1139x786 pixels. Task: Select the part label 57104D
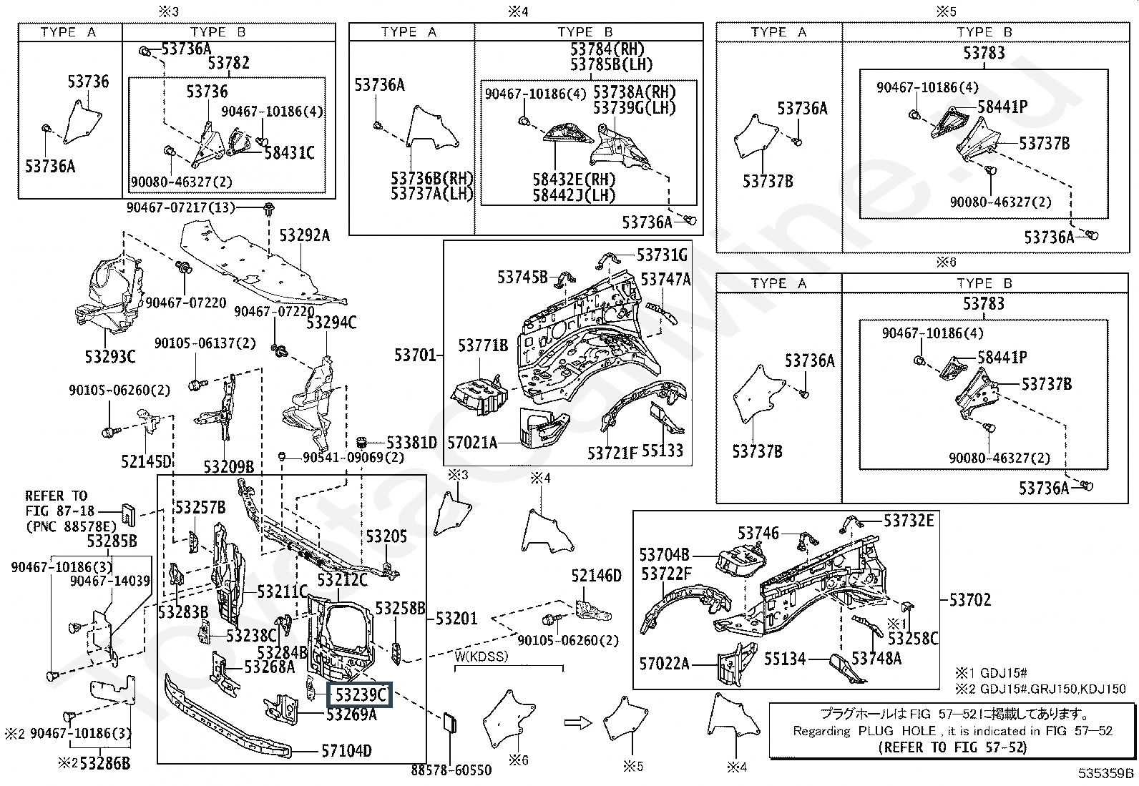(346, 751)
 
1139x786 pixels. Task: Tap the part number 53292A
(304, 235)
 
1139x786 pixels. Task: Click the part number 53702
(970, 599)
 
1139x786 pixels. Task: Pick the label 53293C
(110, 356)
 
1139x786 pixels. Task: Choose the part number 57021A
(471, 442)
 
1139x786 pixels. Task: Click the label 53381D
(411, 443)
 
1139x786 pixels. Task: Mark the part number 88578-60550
(451, 770)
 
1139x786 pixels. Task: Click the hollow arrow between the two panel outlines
(576, 722)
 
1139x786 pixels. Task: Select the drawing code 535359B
(1107, 773)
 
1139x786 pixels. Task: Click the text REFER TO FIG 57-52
(952, 747)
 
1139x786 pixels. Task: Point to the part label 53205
(386, 536)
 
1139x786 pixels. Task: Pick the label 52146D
(597, 576)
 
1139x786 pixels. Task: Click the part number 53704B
(664, 554)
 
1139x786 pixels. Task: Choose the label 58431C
(289, 152)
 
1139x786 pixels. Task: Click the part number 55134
(785, 659)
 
